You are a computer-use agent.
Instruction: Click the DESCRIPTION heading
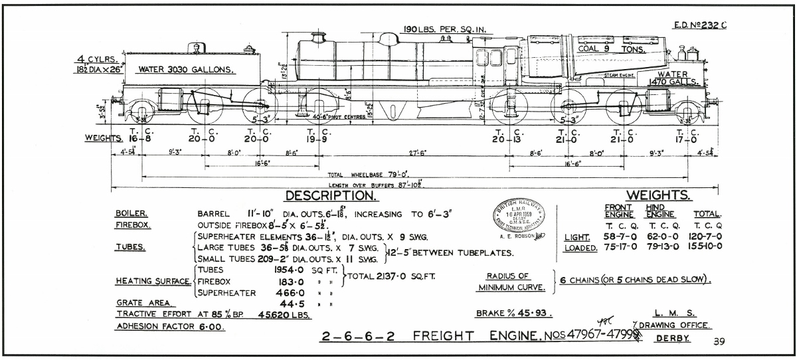click(x=331, y=196)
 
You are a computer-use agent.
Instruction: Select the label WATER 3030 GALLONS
click(x=185, y=69)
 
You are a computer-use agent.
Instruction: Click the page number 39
click(x=719, y=342)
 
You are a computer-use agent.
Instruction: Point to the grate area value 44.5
click(x=283, y=302)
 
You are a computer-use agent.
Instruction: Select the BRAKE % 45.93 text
click(x=514, y=313)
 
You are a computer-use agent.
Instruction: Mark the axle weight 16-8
click(x=141, y=139)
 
